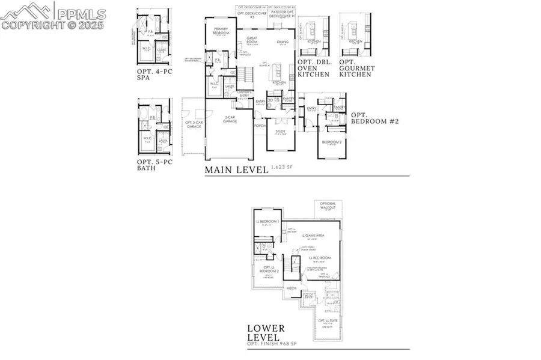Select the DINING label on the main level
coord(282,41)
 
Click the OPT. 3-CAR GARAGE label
coord(194,124)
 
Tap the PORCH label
coord(260,126)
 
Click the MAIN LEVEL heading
coord(236,169)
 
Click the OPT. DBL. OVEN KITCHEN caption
coord(318,69)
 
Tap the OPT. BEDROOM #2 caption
coord(374,118)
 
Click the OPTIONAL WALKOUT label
coord(328,206)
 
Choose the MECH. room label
coord(293,288)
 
